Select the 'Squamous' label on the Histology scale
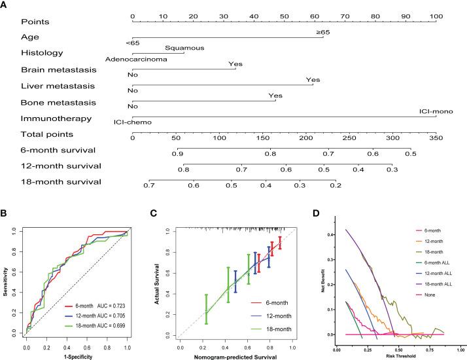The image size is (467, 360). pos(184,47)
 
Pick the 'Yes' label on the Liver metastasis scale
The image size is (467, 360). pos(313,80)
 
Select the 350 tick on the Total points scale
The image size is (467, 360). pos(436,137)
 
